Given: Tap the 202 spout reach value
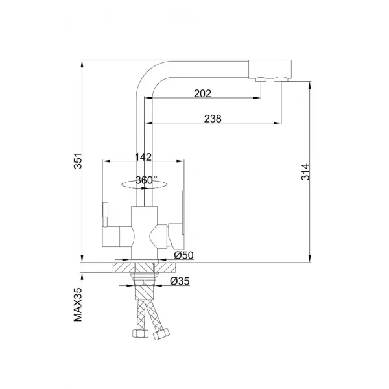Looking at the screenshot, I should click(202, 93).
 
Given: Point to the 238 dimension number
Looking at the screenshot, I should click(213, 118).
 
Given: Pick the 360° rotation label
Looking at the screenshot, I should click(147, 180).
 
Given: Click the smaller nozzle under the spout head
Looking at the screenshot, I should click(261, 80).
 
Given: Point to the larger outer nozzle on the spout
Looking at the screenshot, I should click(281, 80).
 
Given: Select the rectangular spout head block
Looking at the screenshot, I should click(270, 68).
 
